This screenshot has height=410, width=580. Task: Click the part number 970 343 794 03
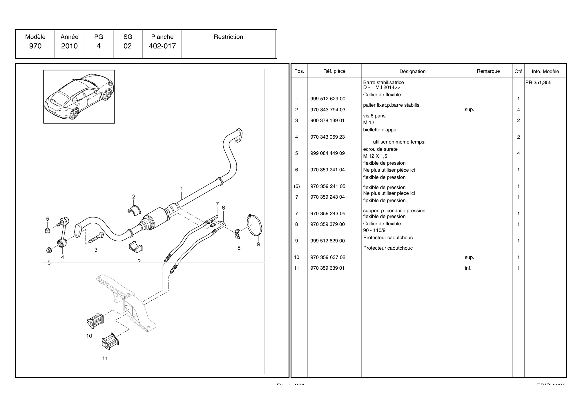(x=328, y=110)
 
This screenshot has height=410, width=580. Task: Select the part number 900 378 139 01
(x=327, y=120)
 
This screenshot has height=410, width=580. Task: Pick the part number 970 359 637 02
(x=328, y=257)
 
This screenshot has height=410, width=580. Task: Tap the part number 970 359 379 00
(x=327, y=224)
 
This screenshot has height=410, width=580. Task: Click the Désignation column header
(x=412, y=71)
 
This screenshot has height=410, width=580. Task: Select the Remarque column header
(x=488, y=71)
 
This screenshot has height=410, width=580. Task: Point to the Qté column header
(x=518, y=71)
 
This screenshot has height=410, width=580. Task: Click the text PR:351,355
(x=538, y=82)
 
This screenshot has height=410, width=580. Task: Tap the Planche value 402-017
(x=162, y=46)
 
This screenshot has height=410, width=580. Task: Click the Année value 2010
(x=69, y=46)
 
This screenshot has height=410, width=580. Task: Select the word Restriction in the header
(x=228, y=37)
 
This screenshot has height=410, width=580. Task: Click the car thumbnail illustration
(x=79, y=97)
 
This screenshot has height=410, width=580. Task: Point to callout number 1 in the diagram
(x=182, y=189)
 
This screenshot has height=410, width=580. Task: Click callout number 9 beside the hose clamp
(x=258, y=244)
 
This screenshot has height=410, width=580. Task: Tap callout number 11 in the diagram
(x=105, y=358)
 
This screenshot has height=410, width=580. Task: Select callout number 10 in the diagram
(x=89, y=336)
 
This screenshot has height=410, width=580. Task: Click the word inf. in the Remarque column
(x=468, y=268)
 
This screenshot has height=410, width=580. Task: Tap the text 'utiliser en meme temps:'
(x=399, y=142)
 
